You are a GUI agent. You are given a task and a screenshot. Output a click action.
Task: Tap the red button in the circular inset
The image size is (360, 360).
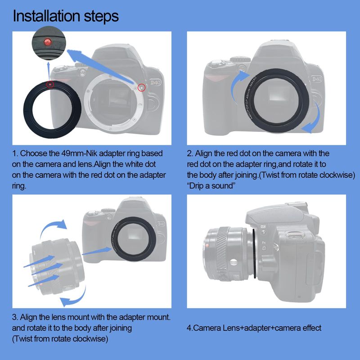pyautogui.click(x=48, y=42)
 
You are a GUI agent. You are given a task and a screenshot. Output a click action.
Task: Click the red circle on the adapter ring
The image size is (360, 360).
pyautogui.click(x=50, y=85)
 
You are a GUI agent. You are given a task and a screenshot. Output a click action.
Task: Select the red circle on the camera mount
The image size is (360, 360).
pyautogui.click(x=142, y=87)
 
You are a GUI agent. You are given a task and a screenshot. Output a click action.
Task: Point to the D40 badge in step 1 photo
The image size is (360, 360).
pyautogui.click(x=156, y=82)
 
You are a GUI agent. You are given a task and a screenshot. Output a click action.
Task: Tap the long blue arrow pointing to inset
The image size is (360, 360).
pyautogui.click(x=101, y=66)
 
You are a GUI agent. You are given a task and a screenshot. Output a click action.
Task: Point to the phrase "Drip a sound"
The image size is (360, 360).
pyautogui.click(x=211, y=185)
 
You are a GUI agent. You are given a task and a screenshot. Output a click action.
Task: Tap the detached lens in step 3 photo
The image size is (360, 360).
pyautogui.click(x=56, y=266)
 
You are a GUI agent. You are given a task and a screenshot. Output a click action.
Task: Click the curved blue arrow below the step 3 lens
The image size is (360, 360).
pyautogui.click(x=76, y=298)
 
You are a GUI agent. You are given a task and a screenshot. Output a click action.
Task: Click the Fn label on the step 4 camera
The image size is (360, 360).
pyautogui.click(x=264, y=243)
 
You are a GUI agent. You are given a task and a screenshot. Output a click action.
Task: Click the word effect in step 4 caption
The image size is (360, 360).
pyautogui.click(x=312, y=328)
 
